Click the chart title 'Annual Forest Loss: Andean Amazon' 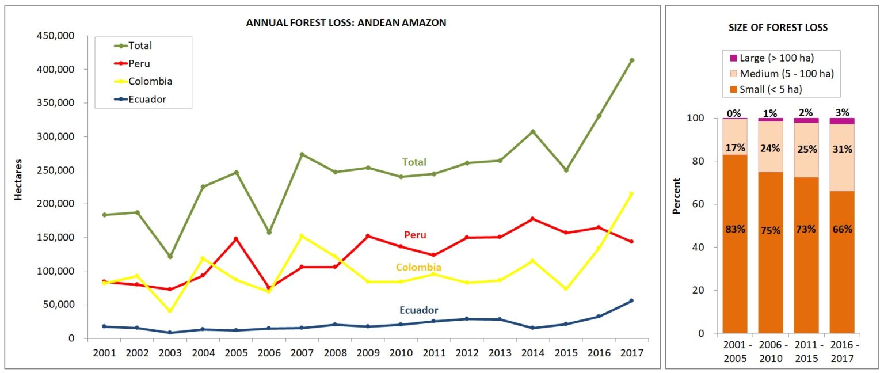click(346, 23)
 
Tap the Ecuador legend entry click(147, 99)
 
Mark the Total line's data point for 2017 click(631, 60)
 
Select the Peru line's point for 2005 click(236, 239)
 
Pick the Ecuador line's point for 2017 click(631, 300)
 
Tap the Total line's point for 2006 click(269, 233)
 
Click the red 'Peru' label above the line click(415, 235)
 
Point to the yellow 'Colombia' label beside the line click(418, 267)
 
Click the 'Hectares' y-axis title click(18, 180)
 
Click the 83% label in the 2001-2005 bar click(734, 229)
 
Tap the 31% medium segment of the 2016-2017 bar click(842, 149)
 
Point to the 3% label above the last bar click(842, 113)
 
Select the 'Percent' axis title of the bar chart click(677, 196)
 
